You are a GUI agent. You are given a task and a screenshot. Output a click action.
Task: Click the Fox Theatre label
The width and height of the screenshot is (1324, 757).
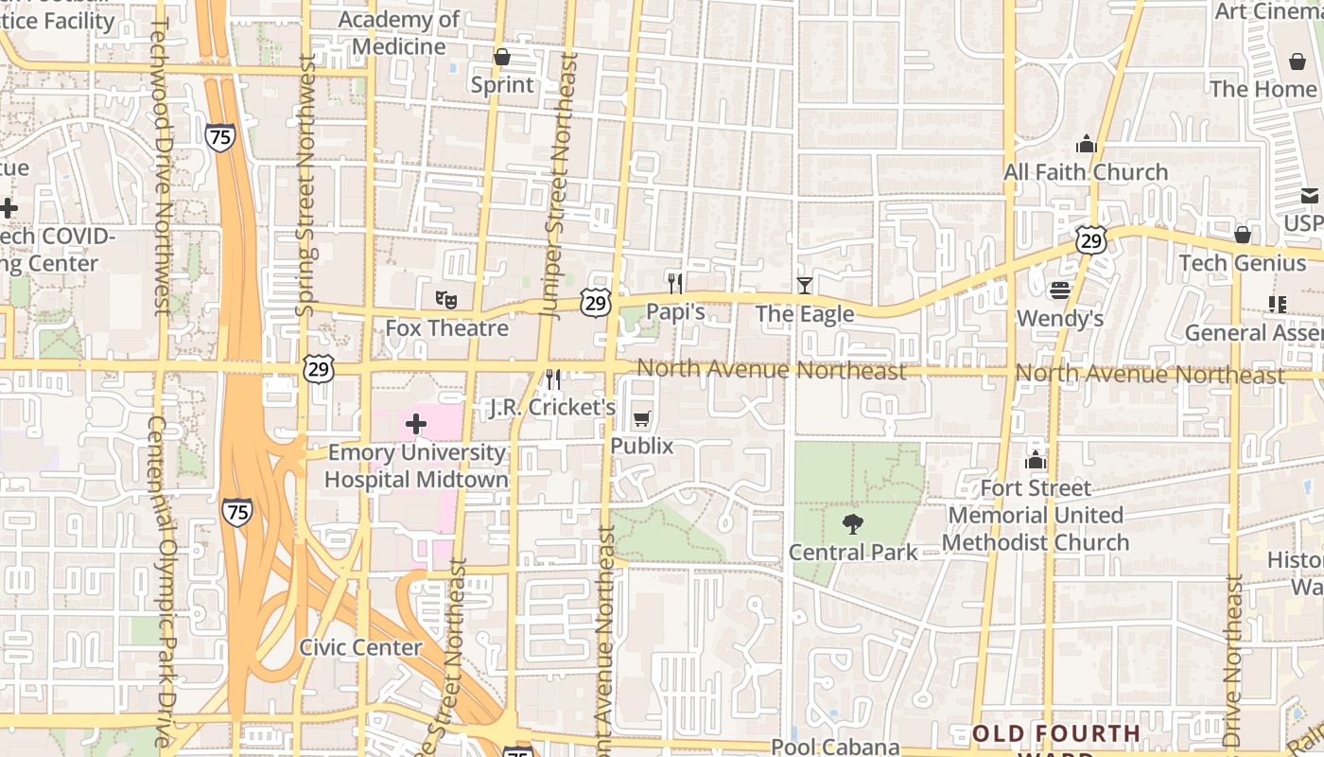pyautogui.click(x=446, y=328)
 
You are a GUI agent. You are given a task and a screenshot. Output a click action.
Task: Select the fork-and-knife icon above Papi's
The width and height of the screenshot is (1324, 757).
pyautogui.click(x=675, y=282)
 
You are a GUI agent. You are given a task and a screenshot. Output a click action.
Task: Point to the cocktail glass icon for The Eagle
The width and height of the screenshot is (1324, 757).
pyautogui.click(x=804, y=285)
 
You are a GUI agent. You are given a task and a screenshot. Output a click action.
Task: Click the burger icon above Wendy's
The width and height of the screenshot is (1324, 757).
pyautogui.click(x=1059, y=290)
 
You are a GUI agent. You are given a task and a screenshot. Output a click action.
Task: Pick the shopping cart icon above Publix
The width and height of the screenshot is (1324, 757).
pyautogui.click(x=642, y=418)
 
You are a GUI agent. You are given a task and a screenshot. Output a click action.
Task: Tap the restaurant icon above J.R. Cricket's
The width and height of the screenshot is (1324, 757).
pyautogui.click(x=553, y=379)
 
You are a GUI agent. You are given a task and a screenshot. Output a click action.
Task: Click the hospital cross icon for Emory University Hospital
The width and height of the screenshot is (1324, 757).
pyautogui.click(x=416, y=424)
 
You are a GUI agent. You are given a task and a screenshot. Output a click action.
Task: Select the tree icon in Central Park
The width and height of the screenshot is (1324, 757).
pyautogui.click(x=853, y=524)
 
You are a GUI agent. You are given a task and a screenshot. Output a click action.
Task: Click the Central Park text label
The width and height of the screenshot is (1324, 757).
pyautogui.click(x=853, y=552)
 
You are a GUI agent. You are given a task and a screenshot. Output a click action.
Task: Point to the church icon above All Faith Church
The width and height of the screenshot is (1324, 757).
pyautogui.click(x=1086, y=144)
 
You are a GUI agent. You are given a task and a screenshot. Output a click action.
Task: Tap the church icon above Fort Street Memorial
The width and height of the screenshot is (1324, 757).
pyautogui.click(x=1036, y=460)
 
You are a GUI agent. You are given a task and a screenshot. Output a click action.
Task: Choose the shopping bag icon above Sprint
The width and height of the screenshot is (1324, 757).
pyautogui.click(x=502, y=57)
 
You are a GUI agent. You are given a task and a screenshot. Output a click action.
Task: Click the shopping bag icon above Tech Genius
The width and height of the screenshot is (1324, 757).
pyautogui.click(x=1243, y=235)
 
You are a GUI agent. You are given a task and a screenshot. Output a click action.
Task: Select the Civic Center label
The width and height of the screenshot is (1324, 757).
pyautogui.click(x=360, y=647)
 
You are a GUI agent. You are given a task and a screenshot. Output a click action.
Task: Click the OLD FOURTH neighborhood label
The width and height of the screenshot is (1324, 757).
pyautogui.click(x=1056, y=734)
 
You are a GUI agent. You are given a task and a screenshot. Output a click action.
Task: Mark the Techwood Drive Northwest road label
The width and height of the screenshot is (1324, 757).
pyautogui.click(x=159, y=166)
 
